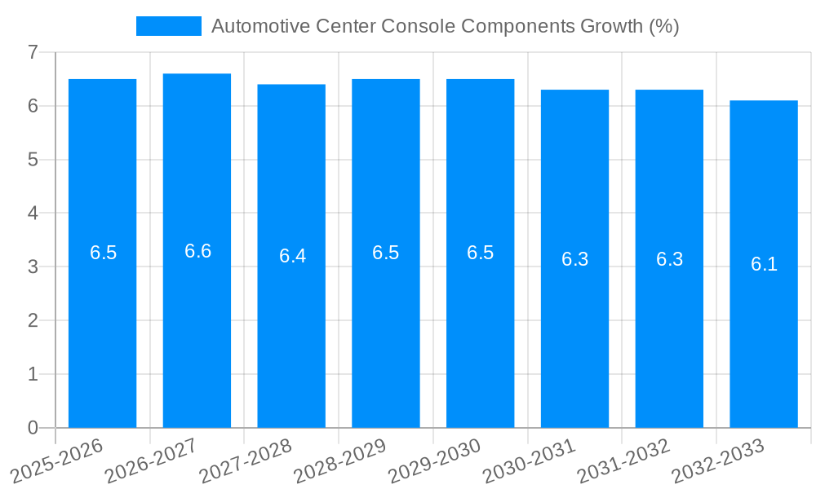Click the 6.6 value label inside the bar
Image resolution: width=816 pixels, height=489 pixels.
197,251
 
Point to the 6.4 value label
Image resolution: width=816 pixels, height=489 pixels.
292,256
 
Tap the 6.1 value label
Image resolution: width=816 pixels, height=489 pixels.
764,264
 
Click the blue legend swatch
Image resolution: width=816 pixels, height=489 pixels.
168,26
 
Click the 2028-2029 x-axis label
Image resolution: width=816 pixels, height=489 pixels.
339,460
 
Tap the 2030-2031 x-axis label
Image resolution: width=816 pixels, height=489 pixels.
529,460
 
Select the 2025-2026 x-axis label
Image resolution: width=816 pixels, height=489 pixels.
56,460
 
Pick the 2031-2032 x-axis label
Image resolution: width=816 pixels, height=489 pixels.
623,460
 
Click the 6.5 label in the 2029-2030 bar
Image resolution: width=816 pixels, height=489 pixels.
480,253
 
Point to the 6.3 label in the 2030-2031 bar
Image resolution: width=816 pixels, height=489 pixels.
574,259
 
